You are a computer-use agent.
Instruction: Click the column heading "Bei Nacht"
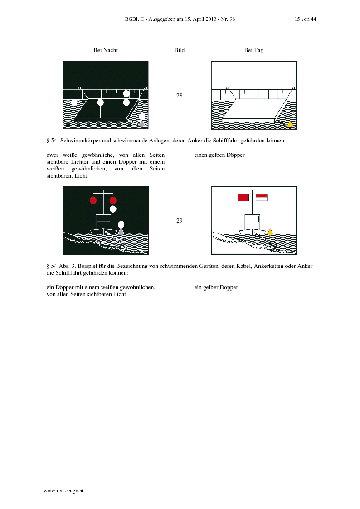click(106, 50)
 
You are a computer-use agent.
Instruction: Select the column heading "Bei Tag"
click(253, 50)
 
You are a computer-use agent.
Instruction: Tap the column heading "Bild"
click(180, 50)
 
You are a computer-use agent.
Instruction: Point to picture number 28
click(180, 96)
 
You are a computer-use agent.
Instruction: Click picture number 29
click(180, 221)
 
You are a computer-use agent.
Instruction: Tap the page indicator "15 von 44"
click(305, 19)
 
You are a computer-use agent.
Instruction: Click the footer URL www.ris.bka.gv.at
click(63, 491)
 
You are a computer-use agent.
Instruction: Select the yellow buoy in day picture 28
click(290, 124)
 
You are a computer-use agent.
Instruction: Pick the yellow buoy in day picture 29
click(270, 232)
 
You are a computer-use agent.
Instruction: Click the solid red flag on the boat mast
click(243, 197)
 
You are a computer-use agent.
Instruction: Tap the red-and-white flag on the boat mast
click(262, 197)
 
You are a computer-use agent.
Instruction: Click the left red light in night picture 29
click(93, 200)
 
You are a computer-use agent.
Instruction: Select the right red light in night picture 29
click(113, 200)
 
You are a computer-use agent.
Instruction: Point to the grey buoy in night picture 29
click(121, 232)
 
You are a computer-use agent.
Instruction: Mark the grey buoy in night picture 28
click(141, 124)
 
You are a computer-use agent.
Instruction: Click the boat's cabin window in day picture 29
click(252, 219)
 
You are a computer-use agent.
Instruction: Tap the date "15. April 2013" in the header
click(200, 19)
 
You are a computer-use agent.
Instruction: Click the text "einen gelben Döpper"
click(219, 155)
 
